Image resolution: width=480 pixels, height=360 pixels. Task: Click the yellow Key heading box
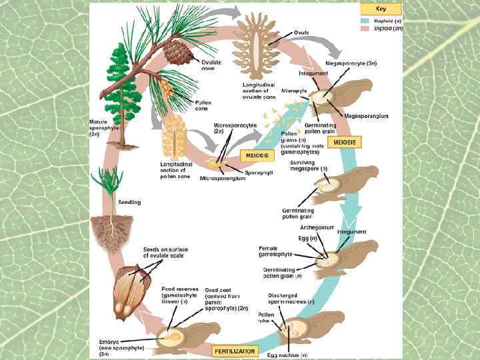click(x=381, y=9)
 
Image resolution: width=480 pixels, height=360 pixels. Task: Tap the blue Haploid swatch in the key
click(x=365, y=21)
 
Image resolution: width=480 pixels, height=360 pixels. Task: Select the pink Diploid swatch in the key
click(x=365, y=29)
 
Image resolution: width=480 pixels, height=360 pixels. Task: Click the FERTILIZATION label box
click(x=235, y=349)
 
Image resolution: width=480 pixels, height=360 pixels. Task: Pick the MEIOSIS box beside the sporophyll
click(x=257, y=155)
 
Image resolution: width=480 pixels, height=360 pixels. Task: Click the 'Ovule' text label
click(x=301, y=32)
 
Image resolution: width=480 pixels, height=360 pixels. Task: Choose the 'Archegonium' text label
click(x=316, y=227)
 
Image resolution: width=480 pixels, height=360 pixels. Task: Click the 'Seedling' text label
click(x=129, y=203)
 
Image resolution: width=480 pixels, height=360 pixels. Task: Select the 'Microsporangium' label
click(x=219, y=179)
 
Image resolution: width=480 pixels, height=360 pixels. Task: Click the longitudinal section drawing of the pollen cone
click(x=176, y=136)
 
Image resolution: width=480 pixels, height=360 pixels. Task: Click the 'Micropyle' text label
click(x=293, y=90)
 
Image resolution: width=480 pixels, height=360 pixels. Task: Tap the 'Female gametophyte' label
click(x=273, y=251)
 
